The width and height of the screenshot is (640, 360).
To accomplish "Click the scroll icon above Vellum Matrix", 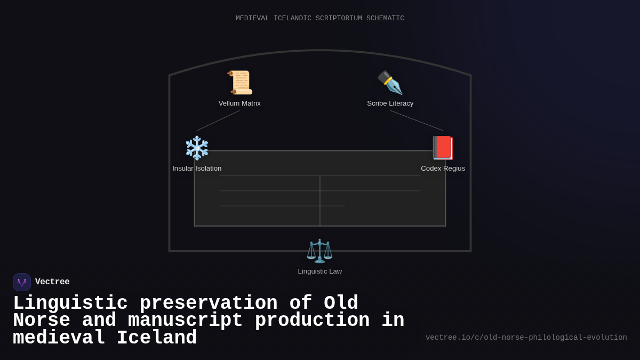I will (x=239, y=83).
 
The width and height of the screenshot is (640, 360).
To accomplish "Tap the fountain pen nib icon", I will (x=390, y=83).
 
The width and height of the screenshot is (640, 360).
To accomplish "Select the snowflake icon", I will (x=197, y=148).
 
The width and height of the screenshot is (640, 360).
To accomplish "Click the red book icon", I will (x=443, y=148).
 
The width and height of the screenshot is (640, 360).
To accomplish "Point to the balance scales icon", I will (x=319, y=251).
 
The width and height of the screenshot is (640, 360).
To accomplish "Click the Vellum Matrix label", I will (x=239, y=103).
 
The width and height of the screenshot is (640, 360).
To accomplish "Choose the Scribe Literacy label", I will (x=390, y=103).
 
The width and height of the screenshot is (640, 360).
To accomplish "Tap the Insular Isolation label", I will (x=197, y=169).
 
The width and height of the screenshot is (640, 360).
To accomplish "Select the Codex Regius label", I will (x=443, y=169).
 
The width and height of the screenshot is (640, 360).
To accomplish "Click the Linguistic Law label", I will (x=319, y=271).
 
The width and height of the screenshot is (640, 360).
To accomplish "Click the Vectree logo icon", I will (x=22, y=282).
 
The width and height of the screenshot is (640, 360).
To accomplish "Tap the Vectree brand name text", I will (x=52, y=282).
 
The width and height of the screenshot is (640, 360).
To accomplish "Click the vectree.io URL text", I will (x=526, y=338).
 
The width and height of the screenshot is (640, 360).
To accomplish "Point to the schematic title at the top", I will (x=320, y=19).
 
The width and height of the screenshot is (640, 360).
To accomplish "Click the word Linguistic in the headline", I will (x=70, y=303).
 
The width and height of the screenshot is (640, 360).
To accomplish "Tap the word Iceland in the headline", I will (x=157, y=338).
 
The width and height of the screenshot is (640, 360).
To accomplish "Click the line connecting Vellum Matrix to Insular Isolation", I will (x=218, y=121).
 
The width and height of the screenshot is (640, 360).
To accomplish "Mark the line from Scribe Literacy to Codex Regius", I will (x=417, y=121).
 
